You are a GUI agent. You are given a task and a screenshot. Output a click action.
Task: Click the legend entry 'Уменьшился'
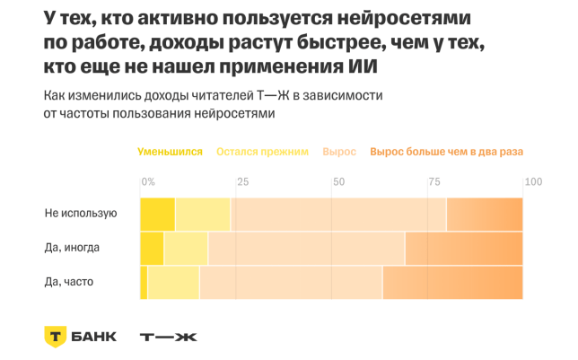click(x=170, y=152)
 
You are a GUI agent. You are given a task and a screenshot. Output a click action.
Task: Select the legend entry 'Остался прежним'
click(x=262, y=152)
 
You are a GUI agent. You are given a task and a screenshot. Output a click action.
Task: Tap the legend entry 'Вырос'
click(x=339, y=152)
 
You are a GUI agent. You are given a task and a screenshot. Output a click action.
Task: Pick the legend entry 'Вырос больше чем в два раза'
click(x=446, y=152)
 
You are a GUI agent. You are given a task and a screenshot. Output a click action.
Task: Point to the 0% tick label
click(x=148, y=182)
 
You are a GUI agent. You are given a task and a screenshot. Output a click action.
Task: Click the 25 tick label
click(x=242, y=182)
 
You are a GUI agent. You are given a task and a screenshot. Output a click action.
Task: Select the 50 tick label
click(x=338, y=182)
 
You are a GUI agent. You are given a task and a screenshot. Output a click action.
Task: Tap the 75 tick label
click(x=434, y=182)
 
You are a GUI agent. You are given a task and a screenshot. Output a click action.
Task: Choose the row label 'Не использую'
click(x=81, y=214)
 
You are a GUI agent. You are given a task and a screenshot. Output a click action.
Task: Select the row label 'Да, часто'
click(x=69, y=282)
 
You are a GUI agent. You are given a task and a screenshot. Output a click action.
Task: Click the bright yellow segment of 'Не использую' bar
click(x=157, y=215)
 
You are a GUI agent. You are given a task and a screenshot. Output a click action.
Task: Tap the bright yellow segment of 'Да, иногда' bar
click(x=152, y=249)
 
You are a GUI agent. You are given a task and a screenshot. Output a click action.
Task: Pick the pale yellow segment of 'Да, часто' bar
click(x=172, y=283)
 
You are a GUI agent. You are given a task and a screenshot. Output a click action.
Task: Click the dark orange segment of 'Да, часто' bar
click(x=452, y=283)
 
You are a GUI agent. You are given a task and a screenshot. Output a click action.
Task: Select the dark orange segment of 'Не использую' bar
click(x=484, y=215)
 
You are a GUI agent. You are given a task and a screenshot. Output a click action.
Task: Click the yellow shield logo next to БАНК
click(x=56, y=337)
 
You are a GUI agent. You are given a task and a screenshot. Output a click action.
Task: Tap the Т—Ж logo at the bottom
click(x=168, y=337)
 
